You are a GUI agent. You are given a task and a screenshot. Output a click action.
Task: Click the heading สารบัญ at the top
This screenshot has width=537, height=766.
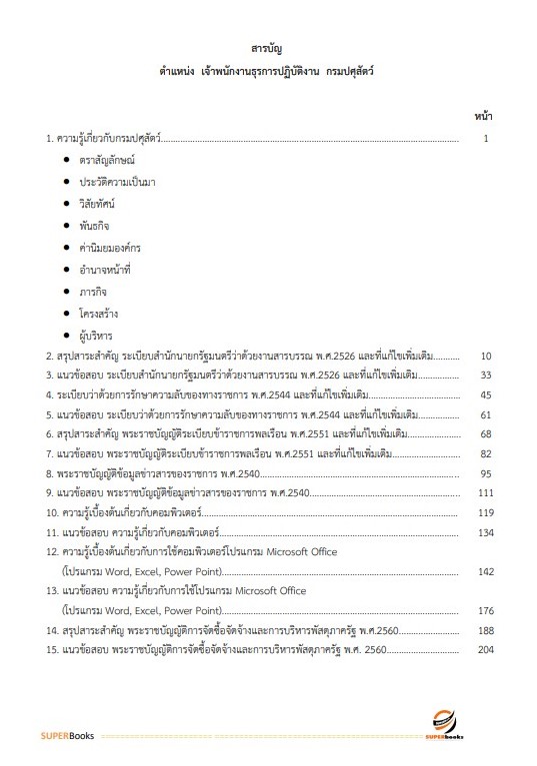point(268,48)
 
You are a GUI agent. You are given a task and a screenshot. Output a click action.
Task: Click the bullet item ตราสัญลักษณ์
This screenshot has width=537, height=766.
point(107,160)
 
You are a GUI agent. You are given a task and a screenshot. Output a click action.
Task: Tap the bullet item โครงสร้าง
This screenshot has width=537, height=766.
point(99,313)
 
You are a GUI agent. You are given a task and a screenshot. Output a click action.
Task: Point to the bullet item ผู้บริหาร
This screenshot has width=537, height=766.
point(97,335)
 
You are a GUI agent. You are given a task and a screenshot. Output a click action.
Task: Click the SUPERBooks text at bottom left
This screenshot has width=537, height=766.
point(67,737)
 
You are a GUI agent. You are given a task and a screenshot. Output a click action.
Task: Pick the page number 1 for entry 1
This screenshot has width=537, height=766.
point(485,139)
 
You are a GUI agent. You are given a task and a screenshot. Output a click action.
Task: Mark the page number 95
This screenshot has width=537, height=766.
point(486,473)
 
